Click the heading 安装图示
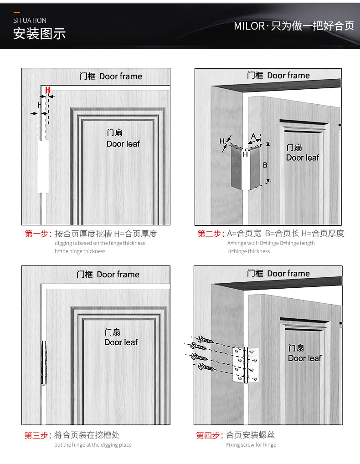[39, 34]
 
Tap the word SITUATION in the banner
[30, 20]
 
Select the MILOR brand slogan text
[293, 26]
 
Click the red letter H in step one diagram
[47, 90]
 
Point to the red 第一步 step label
[38, 234]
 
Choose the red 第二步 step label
[210, 234]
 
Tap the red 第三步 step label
[37, 435]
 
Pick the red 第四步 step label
[210, 435]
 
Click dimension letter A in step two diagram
[254, 136]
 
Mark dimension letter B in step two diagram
[265, 165]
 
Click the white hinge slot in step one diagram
[43, 166]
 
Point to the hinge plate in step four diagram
[246, 364]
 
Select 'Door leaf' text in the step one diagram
[123, 144]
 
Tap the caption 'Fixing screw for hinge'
[251, 445]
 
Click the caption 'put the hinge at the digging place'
[93, 445]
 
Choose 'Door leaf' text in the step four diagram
[304, 358]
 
